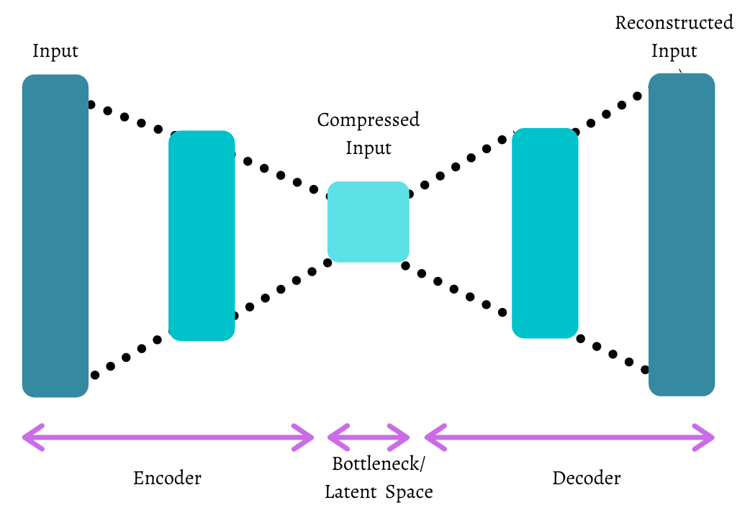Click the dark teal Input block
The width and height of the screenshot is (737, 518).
pyautogui.click(x=55, y=236)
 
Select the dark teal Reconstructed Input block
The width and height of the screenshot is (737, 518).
pyautogui.click(x=682, y=235)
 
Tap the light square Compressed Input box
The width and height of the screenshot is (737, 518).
pyautogui.click(x=368, y=222)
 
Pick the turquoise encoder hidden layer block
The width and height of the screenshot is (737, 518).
pyautogui.click(x=202, y=235)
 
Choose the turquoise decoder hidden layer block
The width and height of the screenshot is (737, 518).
pyautogui.click(x=545, y=233)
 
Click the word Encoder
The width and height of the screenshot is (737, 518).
pyautogui.click(x=167, y=478)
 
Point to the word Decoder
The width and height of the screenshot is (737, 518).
pyautogui.click(x=587, y=478)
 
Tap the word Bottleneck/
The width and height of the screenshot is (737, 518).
pyautogui.click(x=379, y=464)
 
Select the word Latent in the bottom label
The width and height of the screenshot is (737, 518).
pyautogui.click(x=351, y=493)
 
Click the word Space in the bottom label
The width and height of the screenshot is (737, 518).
pyautogui.click(x=409, y=493)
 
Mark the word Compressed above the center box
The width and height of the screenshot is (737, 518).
pyautogui.click(x=368, y=119)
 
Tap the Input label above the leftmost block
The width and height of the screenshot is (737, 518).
pyautogui.click(x=55, y=52)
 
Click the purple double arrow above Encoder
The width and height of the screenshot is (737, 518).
pyautogui.click(x=168, y=436)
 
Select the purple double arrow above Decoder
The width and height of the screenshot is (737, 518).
pyautogui.click(x=569, y=436)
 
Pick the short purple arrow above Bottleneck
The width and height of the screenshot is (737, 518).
pyautogui.click(x=368, y=436)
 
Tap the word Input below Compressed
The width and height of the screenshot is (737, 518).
pyautogui.click(x=368, y=148)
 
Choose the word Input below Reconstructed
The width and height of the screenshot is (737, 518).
pyautogui.click(x=674, y=52)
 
